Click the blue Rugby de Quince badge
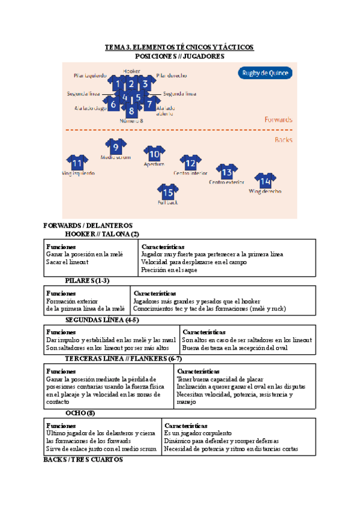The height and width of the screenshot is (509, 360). tap(265, 74)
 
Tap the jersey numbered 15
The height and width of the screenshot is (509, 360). tap(168, 192)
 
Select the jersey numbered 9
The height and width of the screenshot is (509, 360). tap(116, 146)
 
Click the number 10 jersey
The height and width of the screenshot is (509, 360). tap(154, 154)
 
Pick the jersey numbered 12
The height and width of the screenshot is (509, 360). tap(190, 163)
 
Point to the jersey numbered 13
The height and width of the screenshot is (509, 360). tap(226, 172)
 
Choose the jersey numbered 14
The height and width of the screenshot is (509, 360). tap(265, 181)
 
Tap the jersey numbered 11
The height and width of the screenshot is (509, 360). tap(77, 163)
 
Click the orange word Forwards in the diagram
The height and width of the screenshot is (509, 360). tap(278, 119)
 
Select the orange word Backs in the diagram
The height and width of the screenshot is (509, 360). tap(283, 140)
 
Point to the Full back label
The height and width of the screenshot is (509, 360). tap(168, 203)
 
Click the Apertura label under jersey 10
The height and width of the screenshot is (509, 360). tap(154, 164)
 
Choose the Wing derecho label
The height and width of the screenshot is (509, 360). tap(265, 191)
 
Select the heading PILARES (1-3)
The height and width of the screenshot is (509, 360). tap(88, 280)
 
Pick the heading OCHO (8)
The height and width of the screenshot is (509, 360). tap(80, 413)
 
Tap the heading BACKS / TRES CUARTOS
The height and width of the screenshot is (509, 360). tap(83, 459)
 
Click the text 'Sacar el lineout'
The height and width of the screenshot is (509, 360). tap(67, 262)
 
